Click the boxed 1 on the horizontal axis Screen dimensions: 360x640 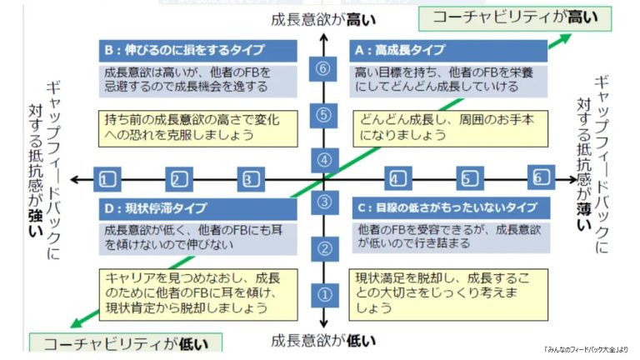(105, 178)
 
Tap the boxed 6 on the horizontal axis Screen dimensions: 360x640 (541, 177)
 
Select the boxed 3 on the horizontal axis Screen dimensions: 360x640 (249, 178)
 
